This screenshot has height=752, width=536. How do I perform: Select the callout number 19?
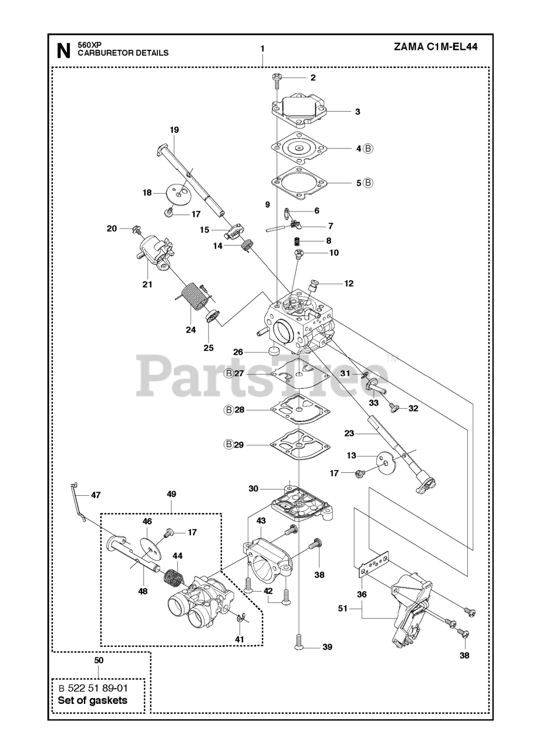[x=174, y=130]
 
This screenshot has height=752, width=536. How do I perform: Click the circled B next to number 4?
[x=368, y=149]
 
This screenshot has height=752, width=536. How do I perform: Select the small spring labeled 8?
[x=298, y=241]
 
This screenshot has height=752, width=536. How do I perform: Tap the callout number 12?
[x=349, y=283]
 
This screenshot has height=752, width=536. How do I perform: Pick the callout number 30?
[x=254, y=489]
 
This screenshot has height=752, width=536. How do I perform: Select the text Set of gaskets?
[x=92, y=700]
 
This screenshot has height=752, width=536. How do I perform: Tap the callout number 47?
[x=95, y=495]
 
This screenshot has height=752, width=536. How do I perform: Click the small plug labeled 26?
[x=272, y=351]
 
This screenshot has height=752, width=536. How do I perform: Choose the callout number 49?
[x=171, y=494]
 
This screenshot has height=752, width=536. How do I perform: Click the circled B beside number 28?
[x=229, y=409]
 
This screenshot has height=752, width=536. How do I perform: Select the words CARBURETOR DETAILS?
[x=123, y=53]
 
